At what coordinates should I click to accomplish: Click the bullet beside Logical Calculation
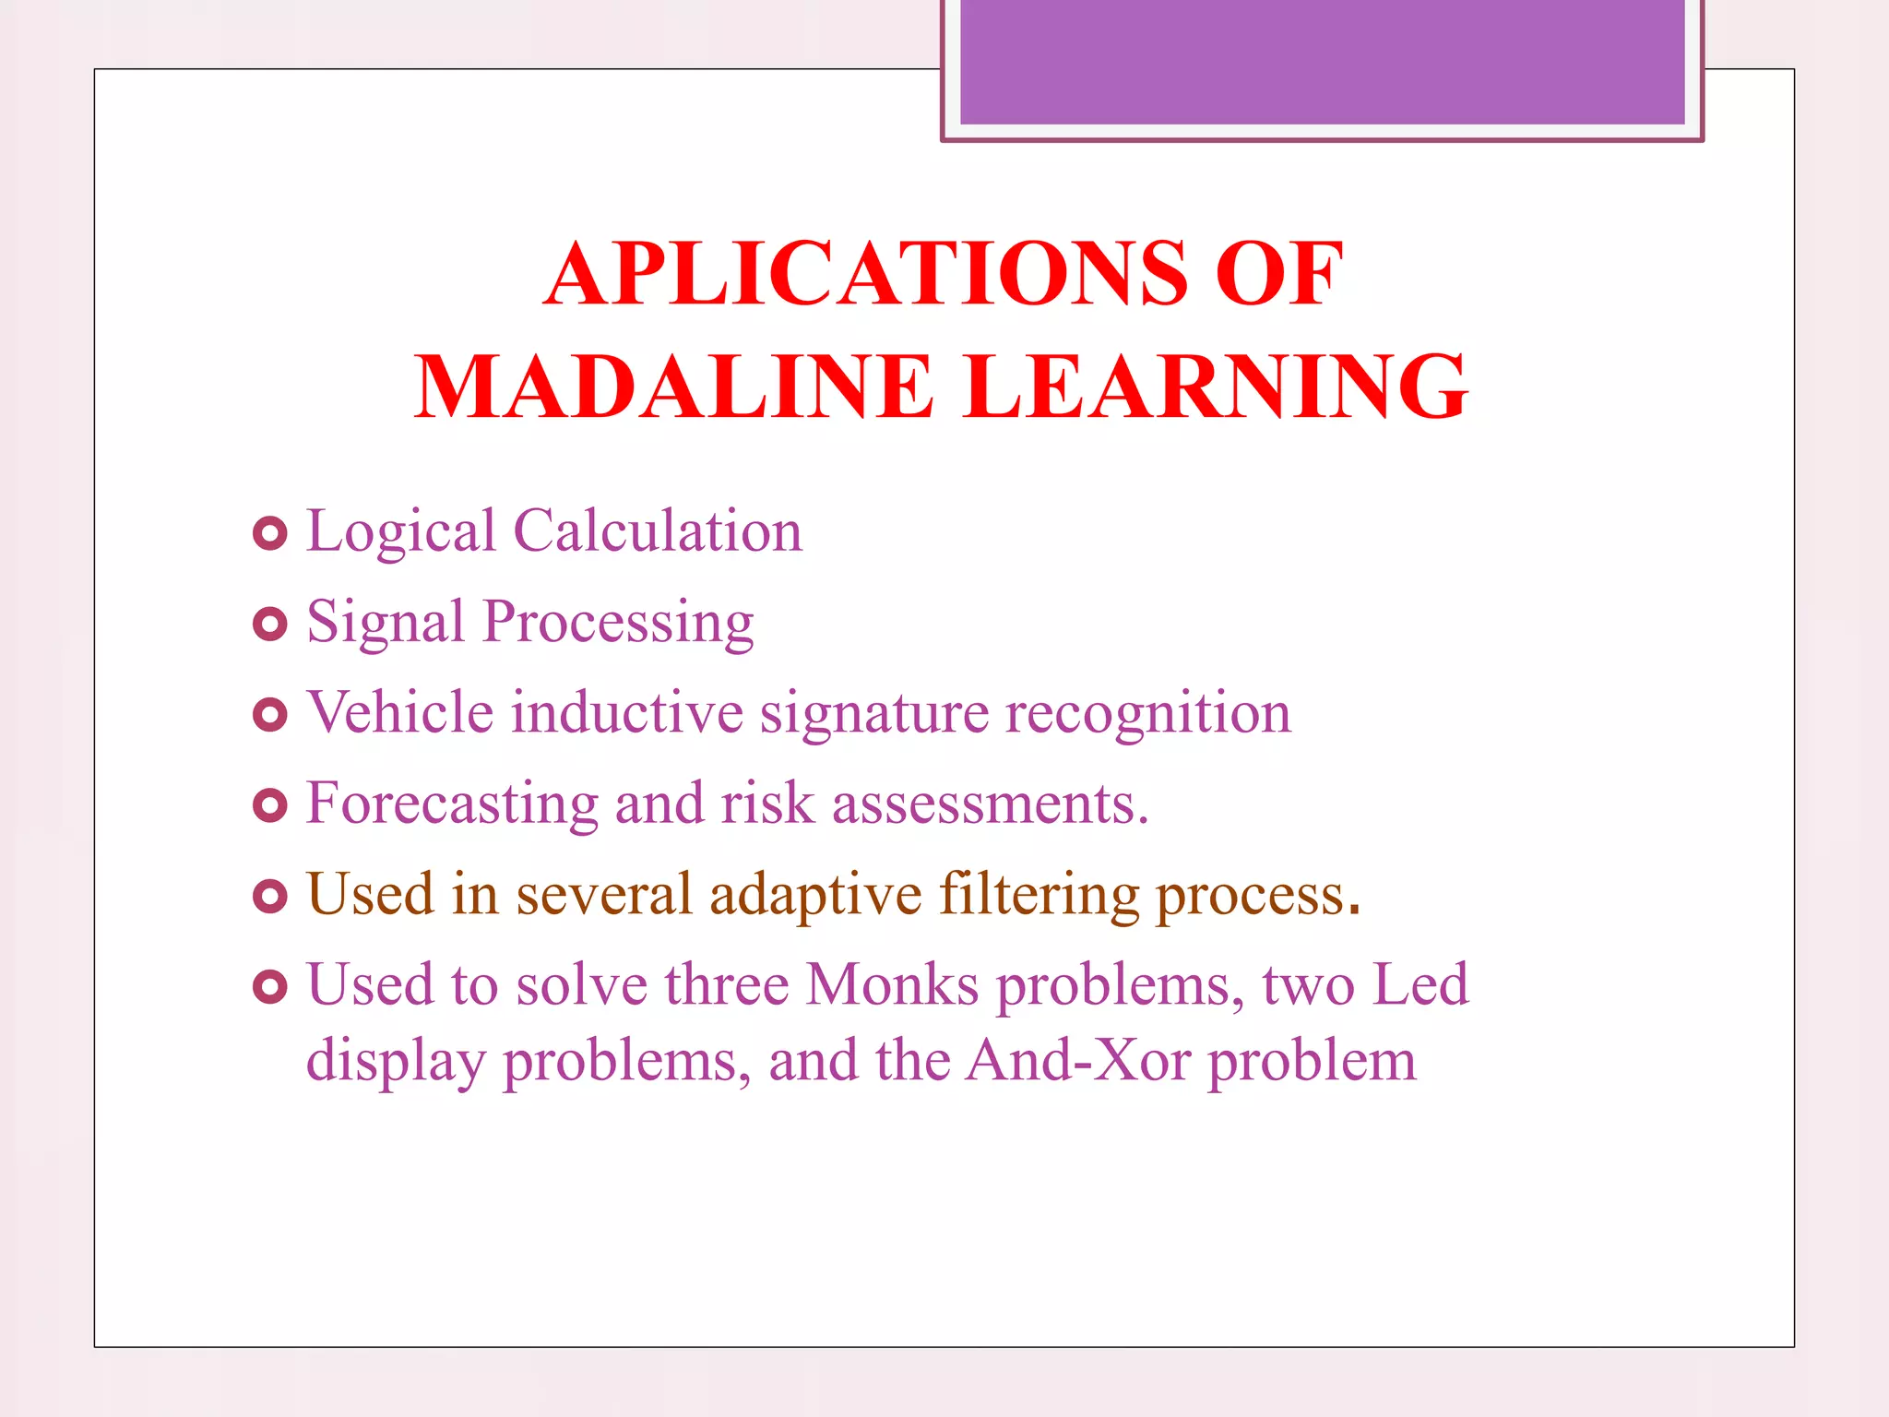[269, 534]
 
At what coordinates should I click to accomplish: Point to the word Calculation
[658, 532]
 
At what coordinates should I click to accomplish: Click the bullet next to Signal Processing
[269, 625]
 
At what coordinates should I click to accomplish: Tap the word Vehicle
[400, 713]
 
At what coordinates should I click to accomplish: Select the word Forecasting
[452, 804]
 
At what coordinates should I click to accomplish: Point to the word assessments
[989, 804]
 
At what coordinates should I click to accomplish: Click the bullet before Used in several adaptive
[269, 896]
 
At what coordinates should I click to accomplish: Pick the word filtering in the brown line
[1040, 896]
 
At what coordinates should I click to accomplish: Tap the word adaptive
[815, 896]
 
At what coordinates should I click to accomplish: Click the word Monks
[892, 985]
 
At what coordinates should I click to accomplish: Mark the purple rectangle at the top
[1322, 63]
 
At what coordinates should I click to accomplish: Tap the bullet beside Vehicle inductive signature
[269, 715]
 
